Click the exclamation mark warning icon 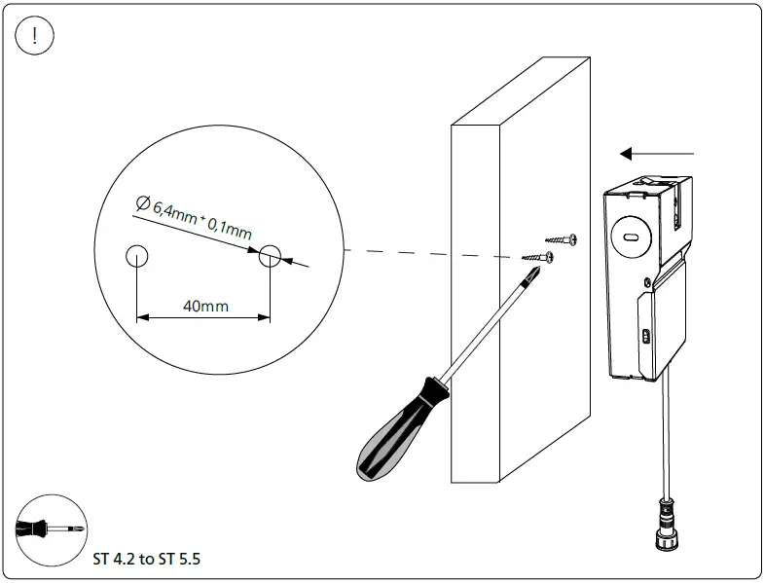(36, 36)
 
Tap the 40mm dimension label (205, 306)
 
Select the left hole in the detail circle (137, 257)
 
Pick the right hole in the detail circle (270, 257)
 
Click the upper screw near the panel (562, 238)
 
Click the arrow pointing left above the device (657, 153)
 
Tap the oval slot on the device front (631, 235)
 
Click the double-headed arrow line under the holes (202, 317)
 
